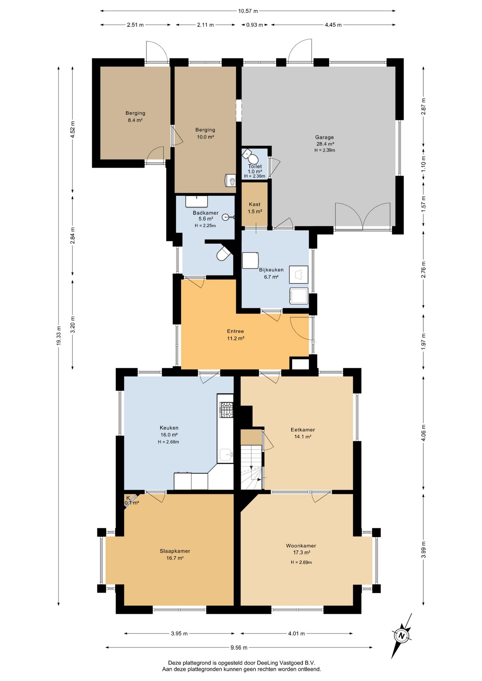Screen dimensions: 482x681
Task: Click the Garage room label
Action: click(x=324, y=137)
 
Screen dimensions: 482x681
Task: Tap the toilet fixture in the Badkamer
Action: click(x=224, y=253)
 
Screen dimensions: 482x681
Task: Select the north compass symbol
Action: click(x=402, y=636)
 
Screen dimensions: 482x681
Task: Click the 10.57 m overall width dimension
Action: click(x=248, y=11)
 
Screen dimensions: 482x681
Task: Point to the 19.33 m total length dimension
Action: click(x=59, y=336)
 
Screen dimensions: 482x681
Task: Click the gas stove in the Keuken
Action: click(x=226, y=410)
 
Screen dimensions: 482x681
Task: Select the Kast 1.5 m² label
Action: click(x=255, y=208)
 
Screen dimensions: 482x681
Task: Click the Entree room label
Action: click(x=236, y=331)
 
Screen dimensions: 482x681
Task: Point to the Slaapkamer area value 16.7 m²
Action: click(x=175, y=558)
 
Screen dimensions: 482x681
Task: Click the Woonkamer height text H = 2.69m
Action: click(x=301, y=562)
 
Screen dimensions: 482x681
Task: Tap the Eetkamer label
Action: click(x=303, y=430)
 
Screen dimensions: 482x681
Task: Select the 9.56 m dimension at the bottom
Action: click(x=239, y=647)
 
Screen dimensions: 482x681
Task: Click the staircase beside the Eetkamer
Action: click(x=252, y=467)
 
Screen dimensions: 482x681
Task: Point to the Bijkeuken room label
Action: click(x=271, y=270)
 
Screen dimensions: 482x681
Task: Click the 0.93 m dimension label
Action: click(x=254, y=25)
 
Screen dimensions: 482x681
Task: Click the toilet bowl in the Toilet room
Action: click(x=253, y=159)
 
